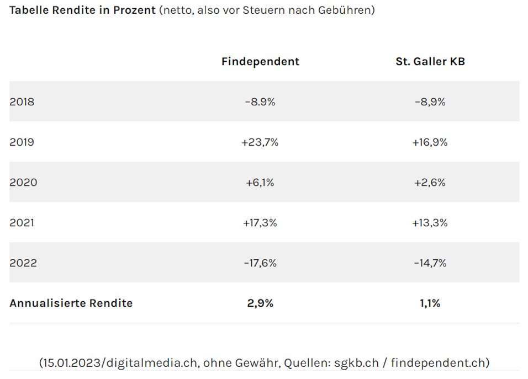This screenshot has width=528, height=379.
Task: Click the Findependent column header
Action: [260, 62]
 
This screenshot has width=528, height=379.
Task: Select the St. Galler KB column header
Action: [430, 62]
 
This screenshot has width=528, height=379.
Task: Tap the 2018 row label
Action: [22, 102]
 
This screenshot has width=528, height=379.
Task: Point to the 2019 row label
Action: [22, 142]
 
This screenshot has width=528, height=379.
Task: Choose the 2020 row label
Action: [23, 183]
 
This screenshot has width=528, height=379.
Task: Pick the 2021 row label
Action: [22, 223]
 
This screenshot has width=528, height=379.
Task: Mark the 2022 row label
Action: [23, 263]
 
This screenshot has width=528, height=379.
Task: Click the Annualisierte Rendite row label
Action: [71, 303]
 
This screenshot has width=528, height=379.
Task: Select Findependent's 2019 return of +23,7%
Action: [260, 142]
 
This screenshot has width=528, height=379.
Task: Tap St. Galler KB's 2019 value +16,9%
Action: [430, 142]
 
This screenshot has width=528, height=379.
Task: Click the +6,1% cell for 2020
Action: [260, 183]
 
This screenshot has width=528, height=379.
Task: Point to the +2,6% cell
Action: [430, 183]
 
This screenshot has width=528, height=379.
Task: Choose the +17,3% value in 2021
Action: [260, 223]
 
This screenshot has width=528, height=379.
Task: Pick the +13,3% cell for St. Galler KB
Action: [430, 223]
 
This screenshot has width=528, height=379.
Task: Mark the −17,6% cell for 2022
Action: [260, 263]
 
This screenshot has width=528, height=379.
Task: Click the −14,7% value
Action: [430, 263]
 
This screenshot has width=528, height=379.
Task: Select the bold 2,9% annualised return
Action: [260, 303]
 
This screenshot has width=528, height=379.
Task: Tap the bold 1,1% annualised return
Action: [430, 303]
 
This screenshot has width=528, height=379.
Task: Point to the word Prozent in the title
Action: [134, 10]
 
